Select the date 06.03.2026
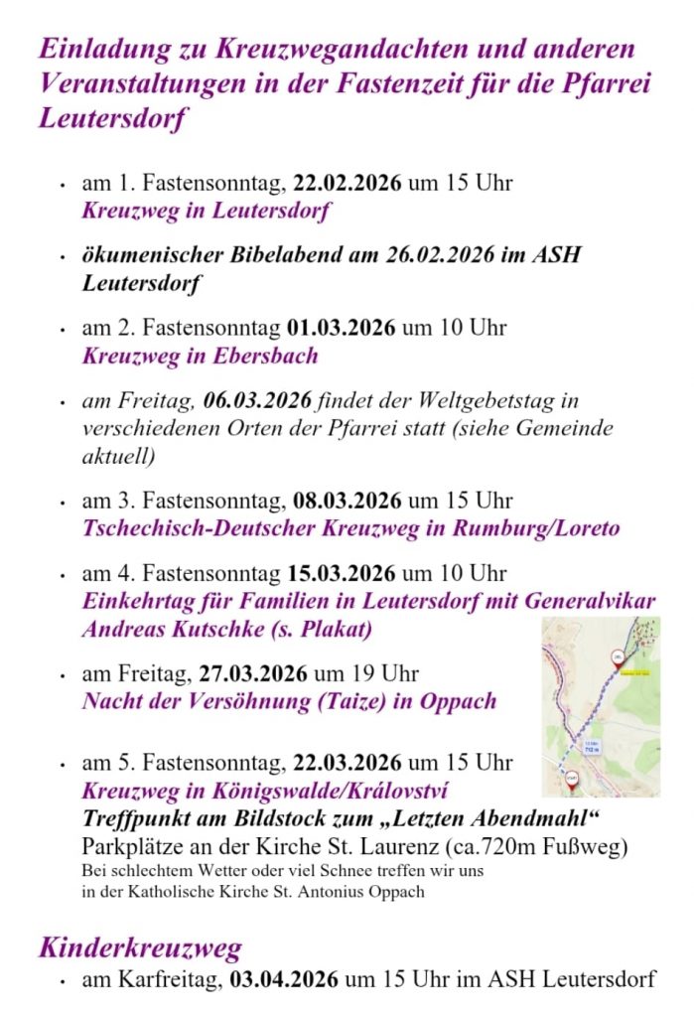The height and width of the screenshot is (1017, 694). pyautogui.click(x=258, y=400)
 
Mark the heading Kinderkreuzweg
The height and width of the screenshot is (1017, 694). pyautogui.click(x=140, y=946)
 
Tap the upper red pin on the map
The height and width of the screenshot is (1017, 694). pyautogui.click(x=617, y=658)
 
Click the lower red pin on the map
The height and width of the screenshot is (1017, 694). pyautogui.click(x=572, y=781)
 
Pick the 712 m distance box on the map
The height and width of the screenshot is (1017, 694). pyautogui.click(x=592, y=747)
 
